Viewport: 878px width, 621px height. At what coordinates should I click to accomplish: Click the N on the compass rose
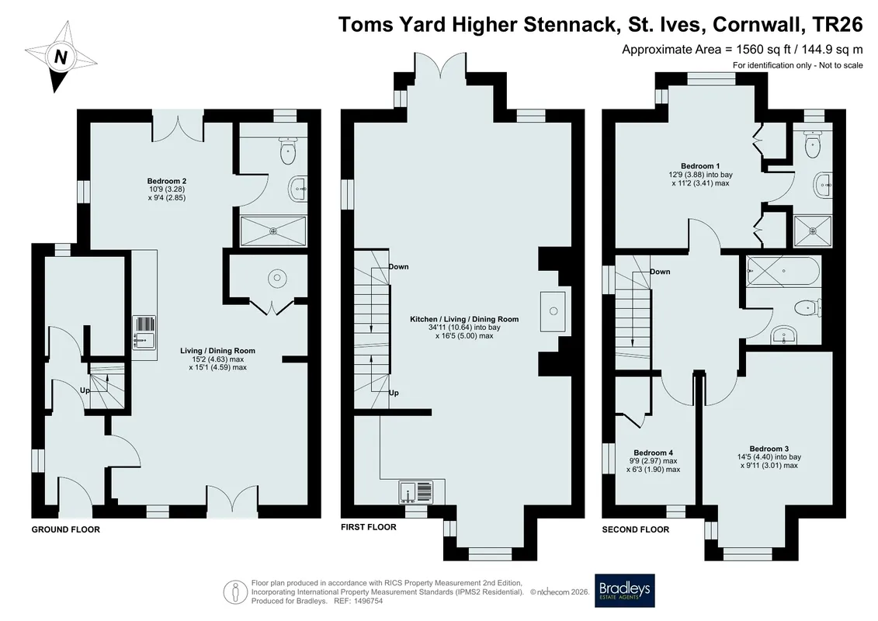[x=61, y=57]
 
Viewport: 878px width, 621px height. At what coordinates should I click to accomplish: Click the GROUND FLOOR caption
[x=65, y=529]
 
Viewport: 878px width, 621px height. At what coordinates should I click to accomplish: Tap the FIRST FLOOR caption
[x=369, y=527]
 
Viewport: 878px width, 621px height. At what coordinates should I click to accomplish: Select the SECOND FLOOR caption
[x=636, y=529]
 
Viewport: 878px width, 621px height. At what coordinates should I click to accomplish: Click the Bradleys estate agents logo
[x=624, y=590]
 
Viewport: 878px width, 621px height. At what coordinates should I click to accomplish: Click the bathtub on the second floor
[x=783, y=272]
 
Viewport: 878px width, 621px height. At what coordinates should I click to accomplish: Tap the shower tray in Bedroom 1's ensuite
[x=813, y=231]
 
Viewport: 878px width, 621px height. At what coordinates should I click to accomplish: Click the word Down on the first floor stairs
[x=399, y=266]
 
